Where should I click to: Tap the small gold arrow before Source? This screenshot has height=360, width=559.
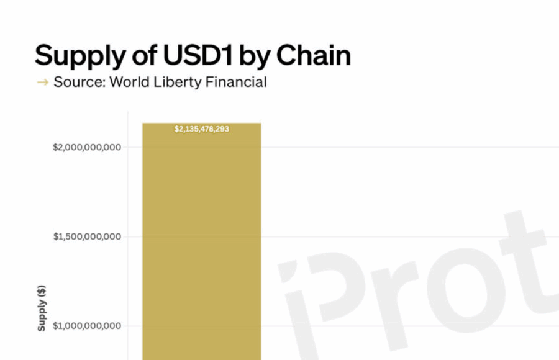point(42,83)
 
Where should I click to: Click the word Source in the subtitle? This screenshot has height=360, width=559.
point(78,82)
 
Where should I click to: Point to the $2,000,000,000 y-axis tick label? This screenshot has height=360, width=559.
point(86,147)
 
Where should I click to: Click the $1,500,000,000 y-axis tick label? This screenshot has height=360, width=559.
point(88,236)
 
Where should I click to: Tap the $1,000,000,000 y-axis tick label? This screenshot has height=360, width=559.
point(88,326)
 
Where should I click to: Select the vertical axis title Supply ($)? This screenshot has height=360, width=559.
point(42,307)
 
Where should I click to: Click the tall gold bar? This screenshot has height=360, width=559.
point(202,248)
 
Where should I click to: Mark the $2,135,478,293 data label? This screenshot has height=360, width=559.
point(202,129)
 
